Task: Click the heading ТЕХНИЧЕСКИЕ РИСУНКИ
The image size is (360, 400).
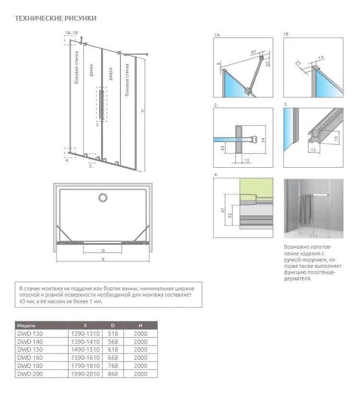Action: [x=56, y=18]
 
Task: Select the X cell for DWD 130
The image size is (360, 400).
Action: [x=85, y=333]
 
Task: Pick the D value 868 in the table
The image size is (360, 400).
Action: [x=113, y=374]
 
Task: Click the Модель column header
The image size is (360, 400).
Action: [x=26, y=325]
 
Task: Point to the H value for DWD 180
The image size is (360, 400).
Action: [x=140, y=366]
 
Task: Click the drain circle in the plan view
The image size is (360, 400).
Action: [x=103, y=197]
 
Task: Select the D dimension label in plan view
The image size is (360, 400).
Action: [x=103, y=250]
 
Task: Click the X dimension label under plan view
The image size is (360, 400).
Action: [x=103, y=259]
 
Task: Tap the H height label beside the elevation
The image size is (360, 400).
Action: [x=142, y=111]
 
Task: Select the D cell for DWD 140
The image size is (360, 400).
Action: [x=113, y=342]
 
